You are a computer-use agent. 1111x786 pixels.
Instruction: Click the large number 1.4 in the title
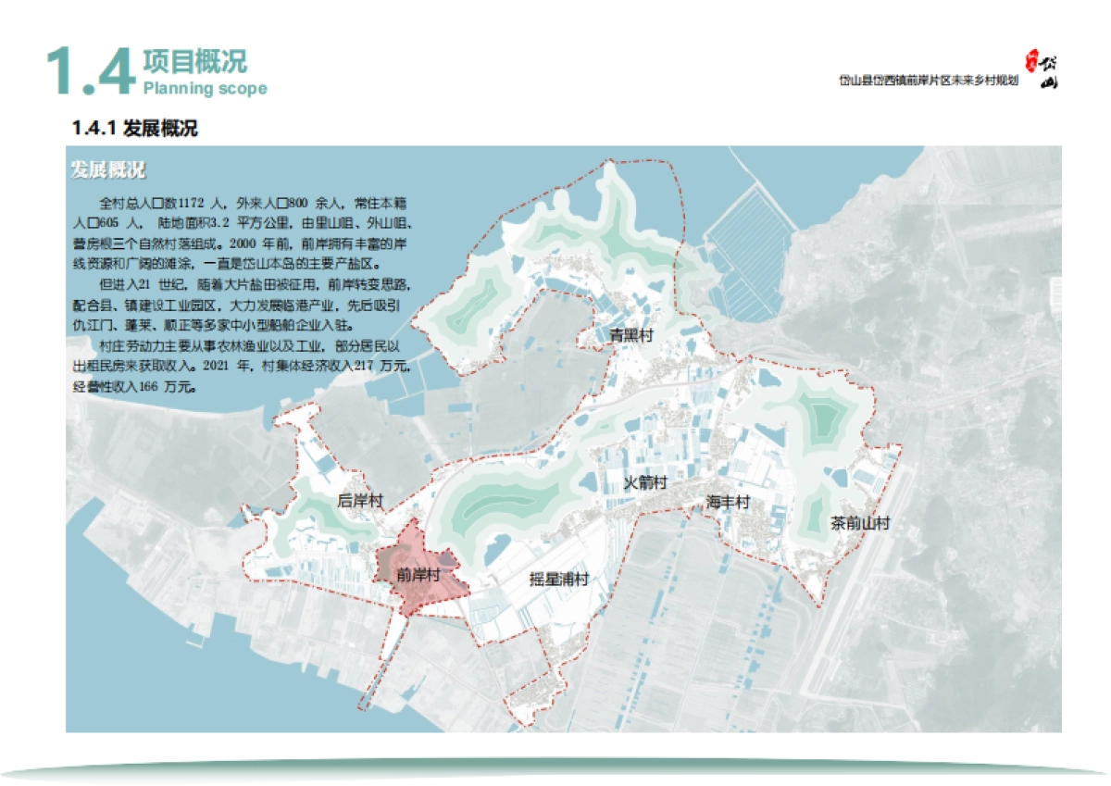click(90, 71)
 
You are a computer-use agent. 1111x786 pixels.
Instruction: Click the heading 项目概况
click(194, 62)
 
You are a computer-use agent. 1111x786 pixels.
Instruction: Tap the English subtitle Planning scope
click(205, 89)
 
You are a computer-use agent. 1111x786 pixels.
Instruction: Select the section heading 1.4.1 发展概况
click(135, 129)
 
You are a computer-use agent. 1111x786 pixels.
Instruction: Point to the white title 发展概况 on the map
click(108, 170)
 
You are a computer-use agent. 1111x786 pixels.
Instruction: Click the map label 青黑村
click(630, 335)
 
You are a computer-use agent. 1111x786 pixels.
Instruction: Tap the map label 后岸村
click(359, 501)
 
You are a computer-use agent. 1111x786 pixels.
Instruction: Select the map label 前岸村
click(418, 575)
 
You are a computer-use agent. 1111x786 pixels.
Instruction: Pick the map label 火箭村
click(644, 483)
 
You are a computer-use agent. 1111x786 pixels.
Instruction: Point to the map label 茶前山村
click(860, 523)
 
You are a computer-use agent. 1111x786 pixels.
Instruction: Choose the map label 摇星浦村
click(559, 580)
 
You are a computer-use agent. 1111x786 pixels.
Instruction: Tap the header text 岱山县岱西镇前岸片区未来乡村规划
click(928, 81)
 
